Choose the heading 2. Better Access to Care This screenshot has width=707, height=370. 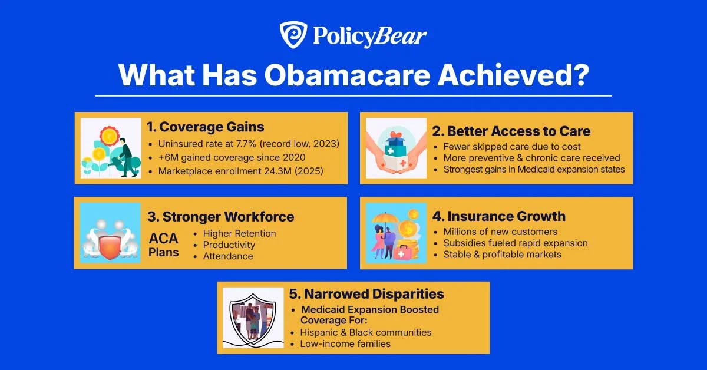518,131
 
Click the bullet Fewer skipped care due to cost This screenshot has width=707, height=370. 512,146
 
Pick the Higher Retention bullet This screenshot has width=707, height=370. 239,233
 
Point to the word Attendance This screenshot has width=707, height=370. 228,256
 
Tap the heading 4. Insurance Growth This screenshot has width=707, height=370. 506,216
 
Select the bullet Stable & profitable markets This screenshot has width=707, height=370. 502,255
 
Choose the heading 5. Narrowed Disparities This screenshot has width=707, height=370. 366,293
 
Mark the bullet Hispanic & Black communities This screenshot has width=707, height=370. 366,332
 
